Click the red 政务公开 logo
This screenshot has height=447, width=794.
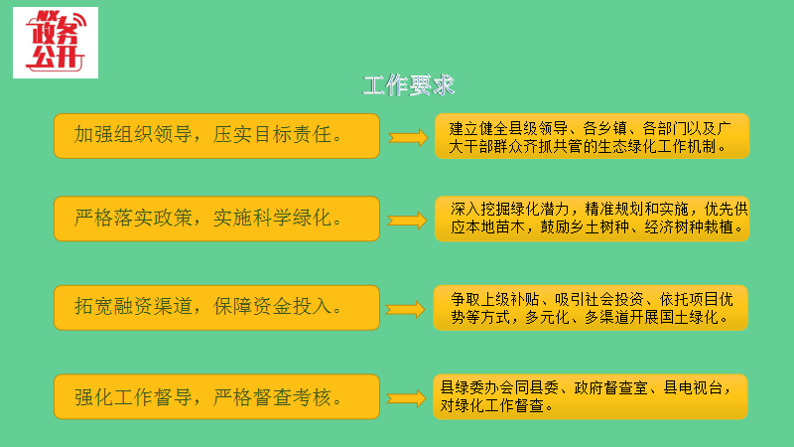click(x=56, y=43)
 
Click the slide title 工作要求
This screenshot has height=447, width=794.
click(x=409, y=85)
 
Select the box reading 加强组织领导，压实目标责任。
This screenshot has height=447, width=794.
click(x=217, y=136)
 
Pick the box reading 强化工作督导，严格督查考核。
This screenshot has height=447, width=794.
click(x=217, y=397)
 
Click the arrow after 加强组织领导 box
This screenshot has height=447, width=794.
click(x=407, y=137)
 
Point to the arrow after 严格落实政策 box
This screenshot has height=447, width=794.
click(x=407, y=220)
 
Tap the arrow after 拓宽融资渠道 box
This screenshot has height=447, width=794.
click(x=407, y=309)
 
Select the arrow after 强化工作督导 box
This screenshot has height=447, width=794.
click(x=407, y=397)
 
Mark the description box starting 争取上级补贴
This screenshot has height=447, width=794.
click(x=592, y=308)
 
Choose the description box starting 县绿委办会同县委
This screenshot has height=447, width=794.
click(x=592, y=396)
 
